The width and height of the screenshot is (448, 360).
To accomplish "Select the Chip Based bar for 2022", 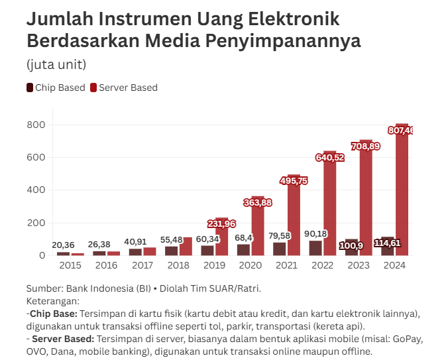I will [315, 248].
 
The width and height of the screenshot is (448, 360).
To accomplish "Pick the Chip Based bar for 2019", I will [207, 251].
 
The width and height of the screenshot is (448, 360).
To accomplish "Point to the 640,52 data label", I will [329, 158].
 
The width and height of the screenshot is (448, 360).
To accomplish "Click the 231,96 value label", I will [221, 223].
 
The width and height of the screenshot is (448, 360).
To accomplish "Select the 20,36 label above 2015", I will [63, 245].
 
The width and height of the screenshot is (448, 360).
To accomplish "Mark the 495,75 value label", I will [294, 180].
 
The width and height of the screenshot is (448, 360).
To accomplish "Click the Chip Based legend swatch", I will [30, 88].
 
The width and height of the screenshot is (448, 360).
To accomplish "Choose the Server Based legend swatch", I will [93, 88].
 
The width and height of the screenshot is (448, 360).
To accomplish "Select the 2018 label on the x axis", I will [178, 265].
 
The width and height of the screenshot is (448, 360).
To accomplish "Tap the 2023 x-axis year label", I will [359, 265].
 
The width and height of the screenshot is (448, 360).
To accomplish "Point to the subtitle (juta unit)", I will [56, 64].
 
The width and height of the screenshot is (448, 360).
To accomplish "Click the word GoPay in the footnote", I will [408, 338].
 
